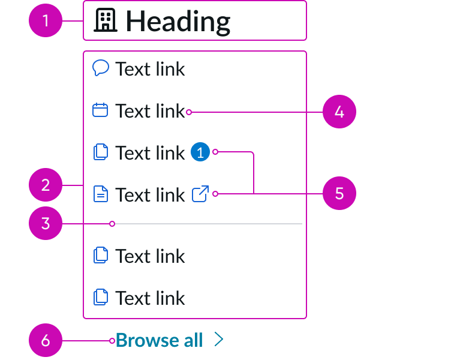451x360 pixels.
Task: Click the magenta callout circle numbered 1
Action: [46, 21]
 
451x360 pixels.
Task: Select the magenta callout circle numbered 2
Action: [46, 185]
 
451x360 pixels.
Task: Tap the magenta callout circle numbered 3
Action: [46, 224]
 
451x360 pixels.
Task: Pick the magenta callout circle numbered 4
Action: [339, 112]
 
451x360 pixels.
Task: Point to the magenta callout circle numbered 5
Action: [339, 193]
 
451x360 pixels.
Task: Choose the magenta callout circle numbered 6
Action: [46, 341]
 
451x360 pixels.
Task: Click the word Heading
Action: [178, 21]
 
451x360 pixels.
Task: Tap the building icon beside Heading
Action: [106, 20]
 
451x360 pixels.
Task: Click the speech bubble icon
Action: [101, 68]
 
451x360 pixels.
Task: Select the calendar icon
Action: [100, 110]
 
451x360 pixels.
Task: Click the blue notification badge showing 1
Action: [200, 153]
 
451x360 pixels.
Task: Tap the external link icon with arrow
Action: [200, 194]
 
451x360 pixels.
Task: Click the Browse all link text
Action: [159, 340]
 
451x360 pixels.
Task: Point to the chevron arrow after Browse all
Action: [219, 340]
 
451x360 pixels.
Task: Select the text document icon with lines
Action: [101, 194]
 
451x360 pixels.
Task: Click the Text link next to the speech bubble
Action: [150, 69]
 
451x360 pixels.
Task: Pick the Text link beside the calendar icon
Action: [150, 111]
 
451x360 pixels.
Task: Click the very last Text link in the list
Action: [150, 298]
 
